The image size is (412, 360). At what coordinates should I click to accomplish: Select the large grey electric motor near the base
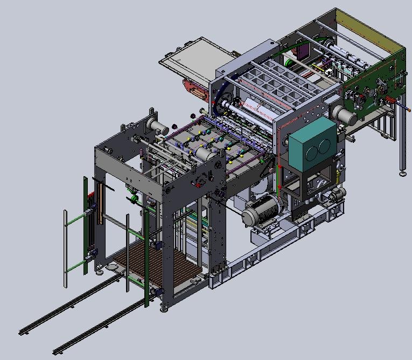tap(261, 210)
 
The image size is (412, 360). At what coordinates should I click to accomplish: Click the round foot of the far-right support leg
tap(402, 174)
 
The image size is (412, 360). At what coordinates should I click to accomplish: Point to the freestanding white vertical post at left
tap(66, 248)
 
